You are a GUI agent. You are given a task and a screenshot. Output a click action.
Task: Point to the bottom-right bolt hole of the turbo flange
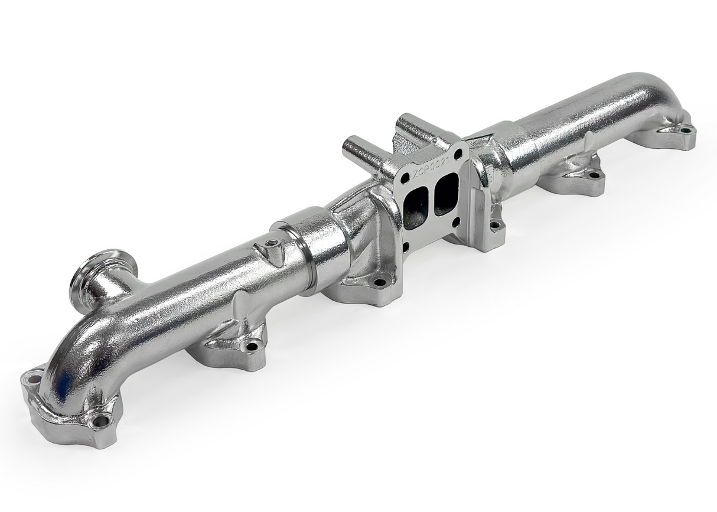[457, 222]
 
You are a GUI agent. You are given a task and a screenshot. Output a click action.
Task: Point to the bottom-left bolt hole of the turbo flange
[405, 246]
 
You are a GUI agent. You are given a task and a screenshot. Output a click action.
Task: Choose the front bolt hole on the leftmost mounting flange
[101, 421]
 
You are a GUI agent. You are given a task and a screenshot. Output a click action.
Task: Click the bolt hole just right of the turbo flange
[495, 224]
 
